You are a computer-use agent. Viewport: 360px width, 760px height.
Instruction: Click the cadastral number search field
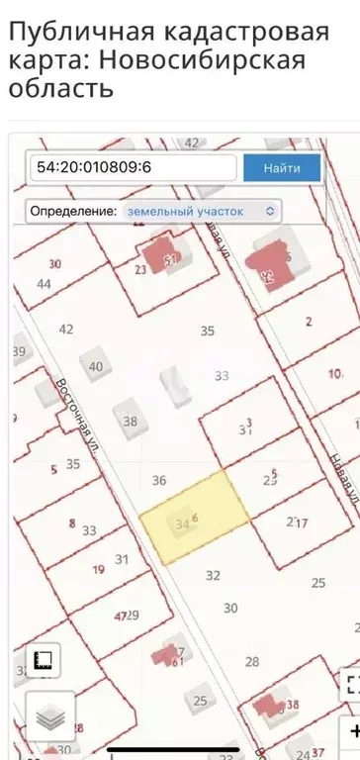coord(132,167)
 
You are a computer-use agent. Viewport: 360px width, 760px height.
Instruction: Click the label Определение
coord(72,211)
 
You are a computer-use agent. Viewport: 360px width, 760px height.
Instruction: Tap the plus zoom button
coord(351,732)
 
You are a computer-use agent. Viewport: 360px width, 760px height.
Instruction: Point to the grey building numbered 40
coord(96,366)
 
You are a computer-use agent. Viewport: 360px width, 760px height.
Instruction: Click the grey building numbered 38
coord(130,420)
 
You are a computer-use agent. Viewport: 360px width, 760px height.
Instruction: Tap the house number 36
coord(158,481)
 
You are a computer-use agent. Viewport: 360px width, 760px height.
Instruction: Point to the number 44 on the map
coord(44,283)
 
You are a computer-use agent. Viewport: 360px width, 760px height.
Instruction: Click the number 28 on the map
coord(252,661)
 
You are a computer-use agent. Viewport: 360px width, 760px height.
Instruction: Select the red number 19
coord(97,569)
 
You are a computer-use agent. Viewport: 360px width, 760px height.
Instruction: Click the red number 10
coord(334,373)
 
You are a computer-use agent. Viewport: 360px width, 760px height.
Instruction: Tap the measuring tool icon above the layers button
coord(45,658)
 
